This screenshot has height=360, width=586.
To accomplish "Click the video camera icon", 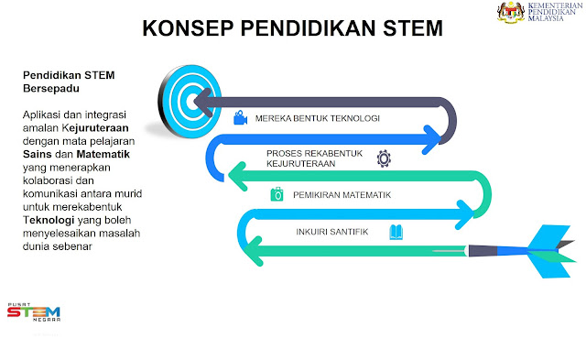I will coord(240,118).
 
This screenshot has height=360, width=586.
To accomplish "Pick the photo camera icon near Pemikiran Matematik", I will coord(276,194).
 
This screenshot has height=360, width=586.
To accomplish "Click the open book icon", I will coord(396,232).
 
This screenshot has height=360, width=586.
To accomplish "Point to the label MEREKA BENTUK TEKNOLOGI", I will coord(317,119).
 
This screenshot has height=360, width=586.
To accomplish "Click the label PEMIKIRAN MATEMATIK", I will coord(342,195).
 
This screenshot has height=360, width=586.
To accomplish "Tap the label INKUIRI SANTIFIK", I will coord(331,233).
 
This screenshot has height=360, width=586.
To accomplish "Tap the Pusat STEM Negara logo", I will coord(33,313).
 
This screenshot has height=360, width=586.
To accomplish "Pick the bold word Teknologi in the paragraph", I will coord(52,221).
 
